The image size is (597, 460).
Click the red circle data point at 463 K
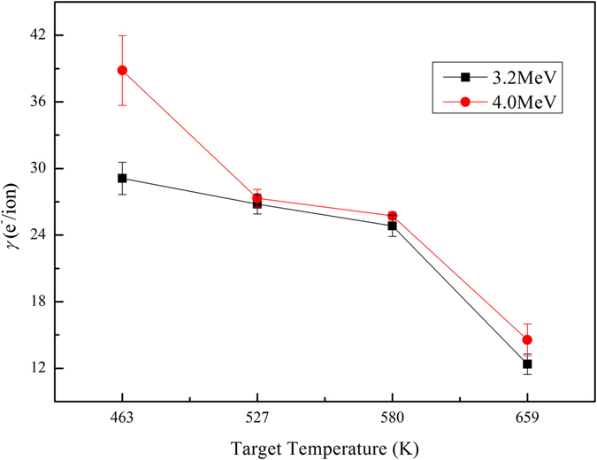point(122,70)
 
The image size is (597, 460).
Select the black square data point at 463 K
point(122,178)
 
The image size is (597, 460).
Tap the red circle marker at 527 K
point(257,198)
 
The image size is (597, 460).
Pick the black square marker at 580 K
point(393,226)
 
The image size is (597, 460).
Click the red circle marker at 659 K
point(527,340)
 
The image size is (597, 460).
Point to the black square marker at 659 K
point(527,364)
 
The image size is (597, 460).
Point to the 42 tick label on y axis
point(38,35)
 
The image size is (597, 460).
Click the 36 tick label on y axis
point(38,102)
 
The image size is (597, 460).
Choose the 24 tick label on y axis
point(38,234)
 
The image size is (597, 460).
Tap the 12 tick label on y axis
point(38,368)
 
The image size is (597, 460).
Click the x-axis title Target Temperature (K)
point(325,447)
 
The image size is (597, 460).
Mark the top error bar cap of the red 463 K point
point(122,35)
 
